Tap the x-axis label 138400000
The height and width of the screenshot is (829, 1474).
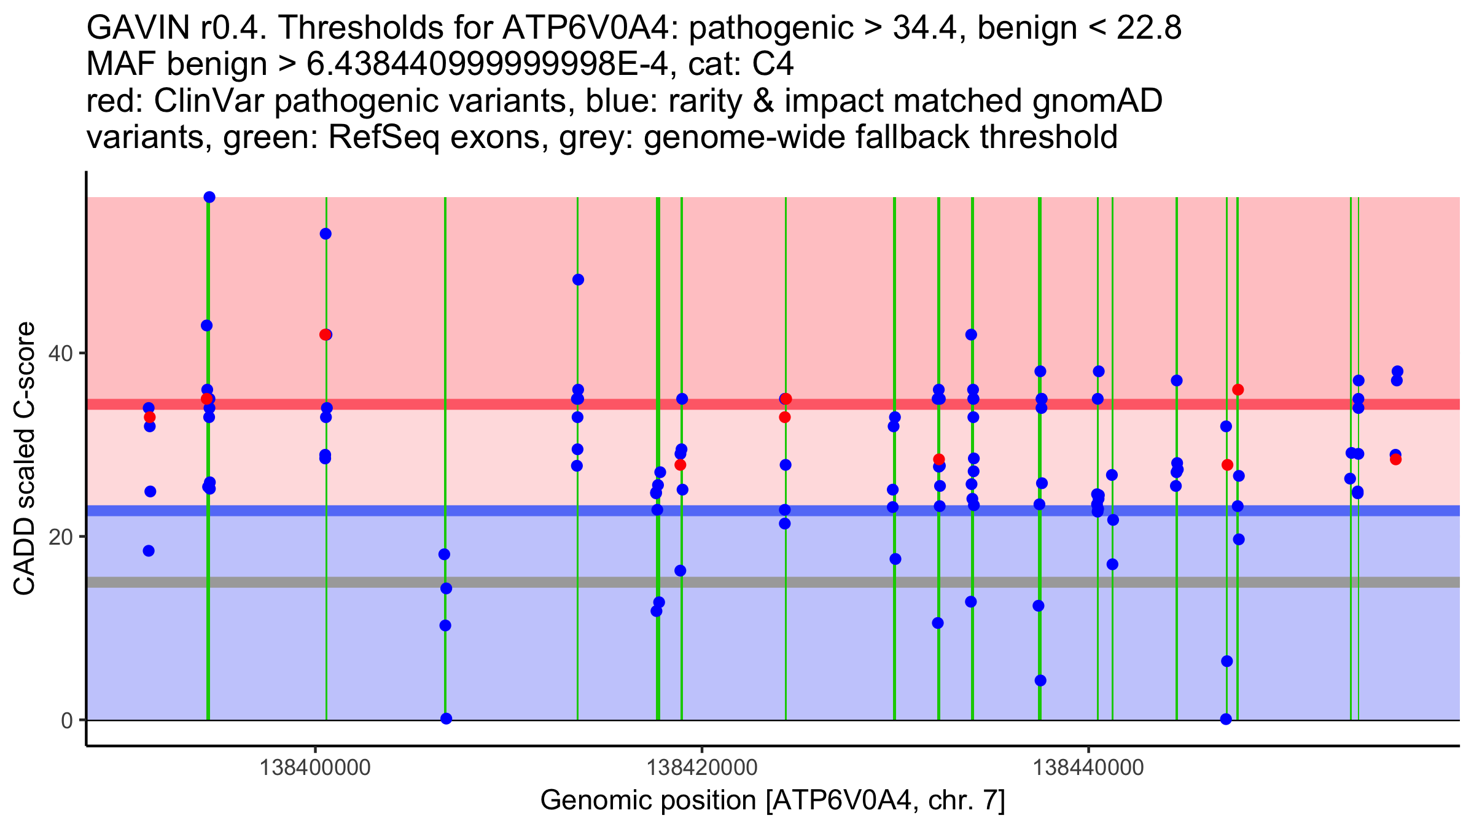coord(315,768)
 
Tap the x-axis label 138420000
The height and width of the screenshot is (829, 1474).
coord(702,768)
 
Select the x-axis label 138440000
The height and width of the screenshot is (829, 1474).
coord(1088,768)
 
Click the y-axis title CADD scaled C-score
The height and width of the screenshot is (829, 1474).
coord(25,459)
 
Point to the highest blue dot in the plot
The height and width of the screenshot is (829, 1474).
coord(209,197)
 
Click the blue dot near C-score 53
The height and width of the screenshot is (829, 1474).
coord(326,234)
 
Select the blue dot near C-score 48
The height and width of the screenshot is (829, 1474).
coord(578,280)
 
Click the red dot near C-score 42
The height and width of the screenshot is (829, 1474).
coord(324,335)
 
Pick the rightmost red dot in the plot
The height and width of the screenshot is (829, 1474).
coord(1396,459)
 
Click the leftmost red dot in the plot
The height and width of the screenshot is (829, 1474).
coord(149,418)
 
